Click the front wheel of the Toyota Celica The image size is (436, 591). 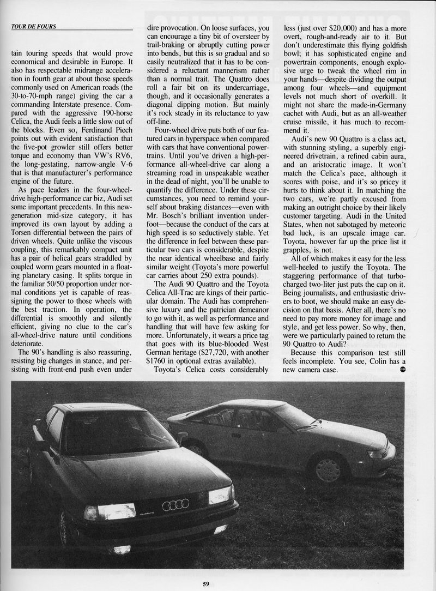(328, 468)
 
